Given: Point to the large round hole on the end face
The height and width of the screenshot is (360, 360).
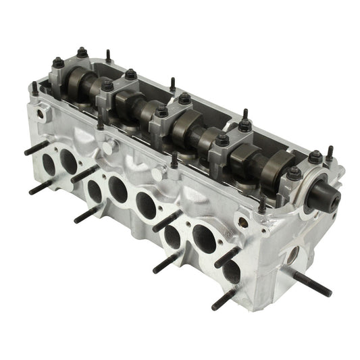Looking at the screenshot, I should pyautogui.click(x=292, y=255).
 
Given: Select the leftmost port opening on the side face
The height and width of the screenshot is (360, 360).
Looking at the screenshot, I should pyautogui.click(x=48, y=164).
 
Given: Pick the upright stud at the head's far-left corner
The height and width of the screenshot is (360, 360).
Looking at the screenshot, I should pyautogui.click(x=34, y=88).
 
